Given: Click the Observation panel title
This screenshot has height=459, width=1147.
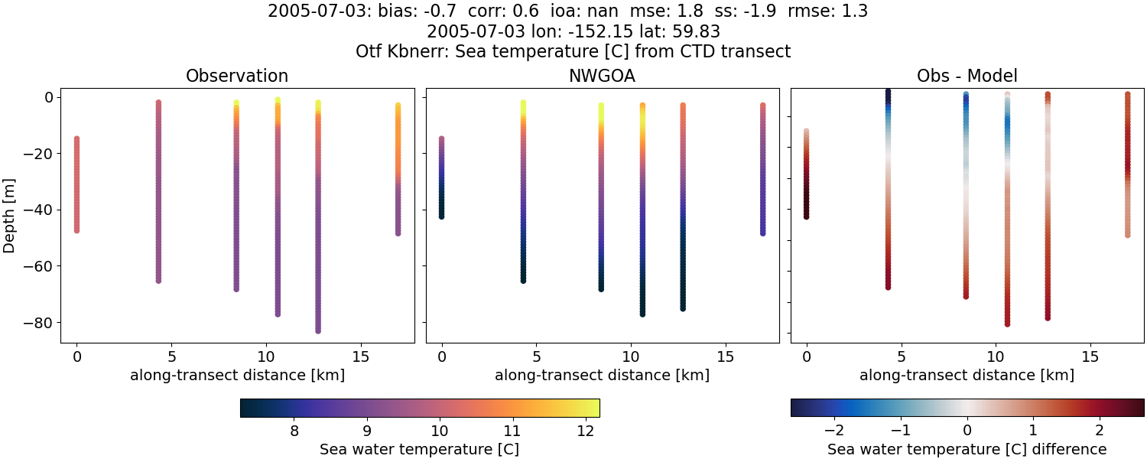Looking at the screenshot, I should (237, 76).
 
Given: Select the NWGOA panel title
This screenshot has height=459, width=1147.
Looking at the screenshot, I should (602, 76).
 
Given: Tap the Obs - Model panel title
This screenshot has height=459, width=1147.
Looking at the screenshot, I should (967, 76).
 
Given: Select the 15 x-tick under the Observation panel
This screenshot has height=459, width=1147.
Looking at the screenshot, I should (360, 356).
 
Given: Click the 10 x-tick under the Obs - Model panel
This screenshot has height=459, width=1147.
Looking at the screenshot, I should (996, 356).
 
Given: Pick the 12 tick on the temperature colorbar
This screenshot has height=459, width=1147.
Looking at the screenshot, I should (585, 431).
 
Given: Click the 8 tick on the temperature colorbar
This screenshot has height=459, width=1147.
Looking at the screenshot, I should (294, 431).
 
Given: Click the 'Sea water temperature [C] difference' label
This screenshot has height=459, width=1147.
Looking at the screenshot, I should (967, 449).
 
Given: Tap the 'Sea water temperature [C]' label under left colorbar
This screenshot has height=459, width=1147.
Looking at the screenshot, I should (419, 449).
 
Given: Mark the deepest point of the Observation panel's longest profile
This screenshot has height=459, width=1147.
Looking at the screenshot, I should (317, 330).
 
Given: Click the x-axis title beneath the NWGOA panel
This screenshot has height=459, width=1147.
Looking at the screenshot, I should (602, 375).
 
